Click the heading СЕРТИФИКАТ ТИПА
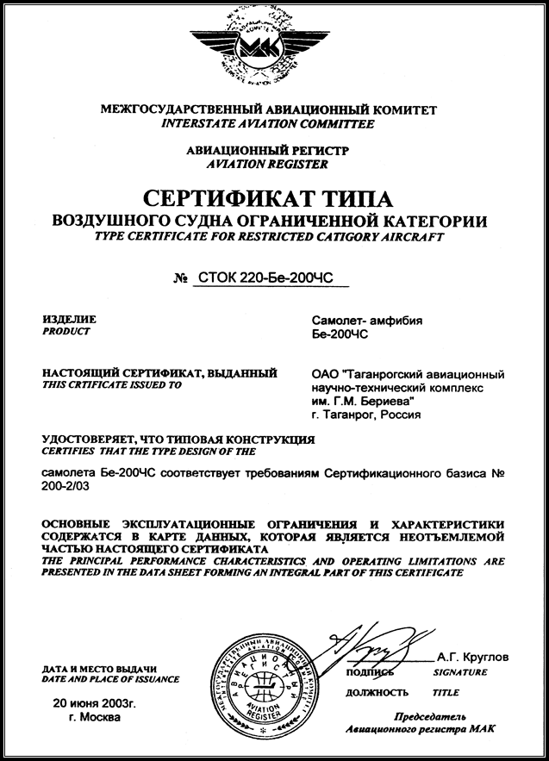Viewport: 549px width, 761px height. pos(275,196)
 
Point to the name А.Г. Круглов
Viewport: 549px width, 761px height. pos(474,658)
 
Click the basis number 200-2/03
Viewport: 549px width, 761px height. pos(66,487)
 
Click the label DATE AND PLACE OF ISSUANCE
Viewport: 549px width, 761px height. pos(110,679)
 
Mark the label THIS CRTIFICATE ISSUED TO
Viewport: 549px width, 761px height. pos(111,386)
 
